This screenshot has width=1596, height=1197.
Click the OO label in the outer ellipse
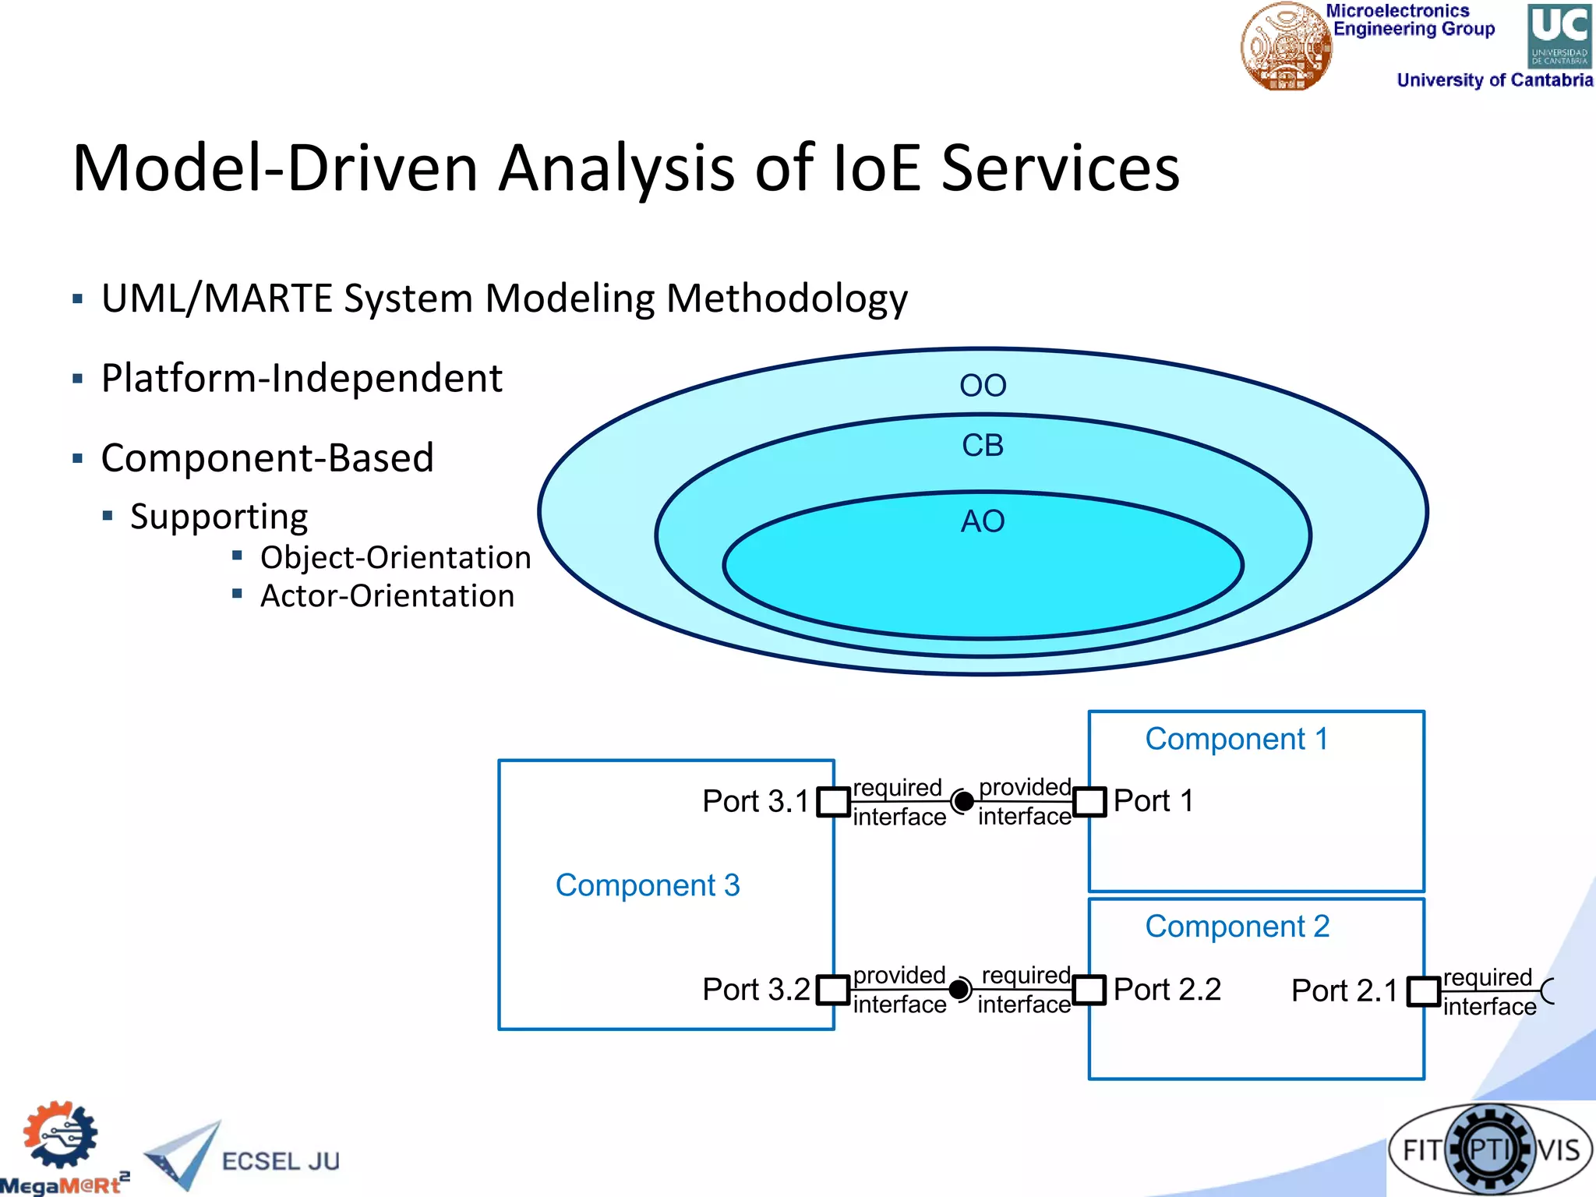click(983, 386)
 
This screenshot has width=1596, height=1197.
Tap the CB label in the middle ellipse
click(983, 446)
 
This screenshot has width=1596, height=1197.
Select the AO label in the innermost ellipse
click(983, 521)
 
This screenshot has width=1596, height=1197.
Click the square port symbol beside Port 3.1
click(833, 802)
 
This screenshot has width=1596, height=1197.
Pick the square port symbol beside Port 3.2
click(833, 990)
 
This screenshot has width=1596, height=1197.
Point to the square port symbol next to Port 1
click(1089, 802)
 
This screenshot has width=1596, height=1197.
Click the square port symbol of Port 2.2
click(1089, 990)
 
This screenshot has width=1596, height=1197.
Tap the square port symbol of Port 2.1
click(1423, 991)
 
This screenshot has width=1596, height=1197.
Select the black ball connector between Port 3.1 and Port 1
click(964, 801)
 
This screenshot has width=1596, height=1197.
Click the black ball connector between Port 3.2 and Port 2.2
click(959, 990)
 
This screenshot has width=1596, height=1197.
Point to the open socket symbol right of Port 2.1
click(1548, 991)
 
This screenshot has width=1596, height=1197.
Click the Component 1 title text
click(1236, 739)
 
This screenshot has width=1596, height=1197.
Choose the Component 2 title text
click(1237, 927)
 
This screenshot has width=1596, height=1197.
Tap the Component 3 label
click(648, 885)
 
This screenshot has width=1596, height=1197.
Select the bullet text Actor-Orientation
click(387, 596)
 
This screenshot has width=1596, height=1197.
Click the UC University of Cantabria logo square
click(1559, 36)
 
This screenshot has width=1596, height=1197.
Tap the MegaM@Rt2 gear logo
click(60, 1136)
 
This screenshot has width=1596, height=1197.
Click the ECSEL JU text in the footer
click(281, 1161)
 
